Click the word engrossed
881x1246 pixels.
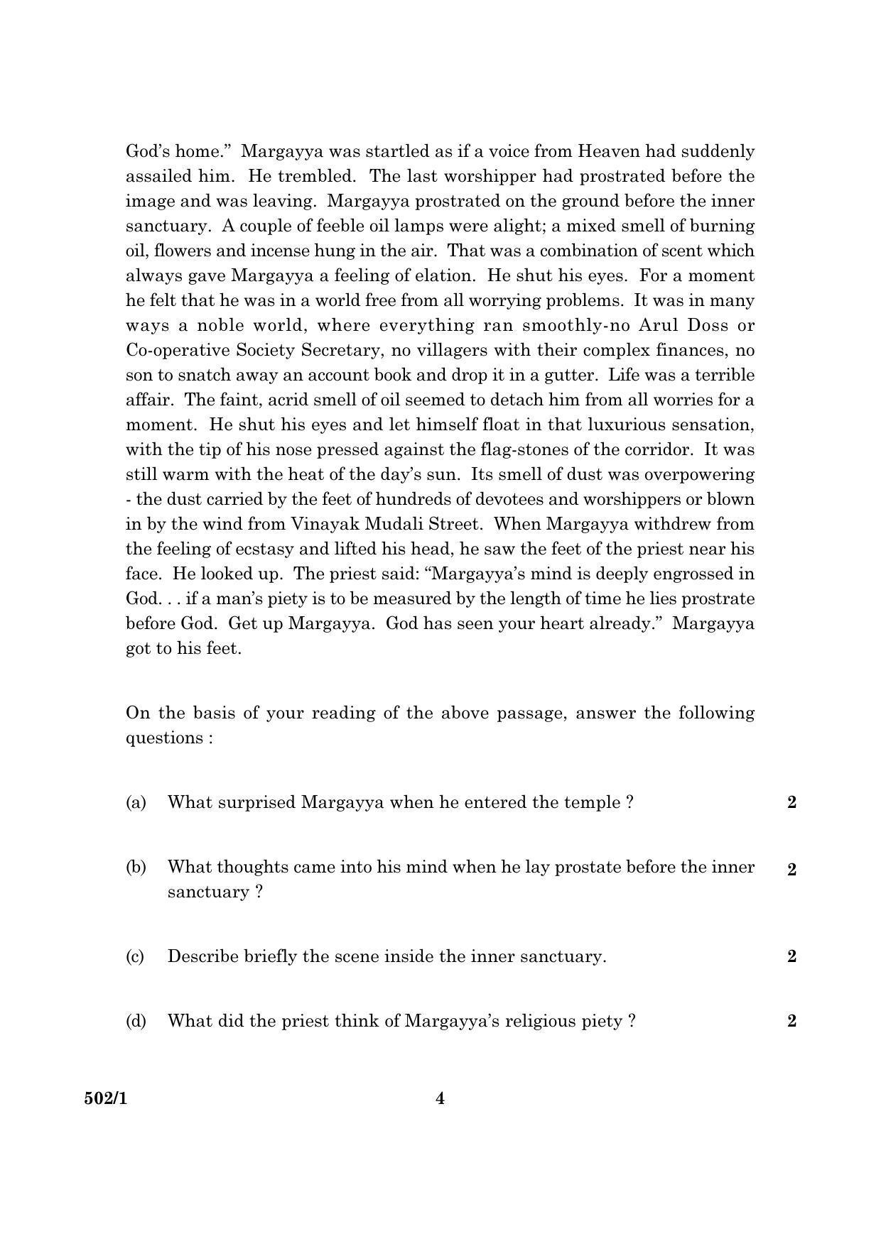pos(682,574)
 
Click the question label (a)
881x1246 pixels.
pos(136,802)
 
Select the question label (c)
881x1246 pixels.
pos(135,956)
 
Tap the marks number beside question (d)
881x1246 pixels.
pos(791,1021)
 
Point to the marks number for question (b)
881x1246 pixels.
pos(791,870)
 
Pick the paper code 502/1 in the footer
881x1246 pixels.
pos(105,1098)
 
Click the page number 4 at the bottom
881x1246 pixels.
pos(440,1098)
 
